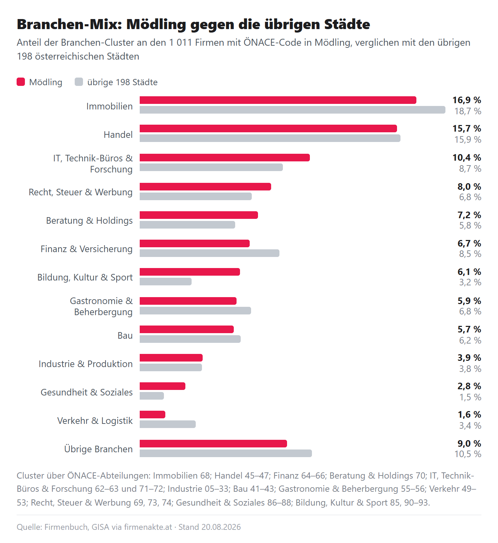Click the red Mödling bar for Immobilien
click(x=278, y=100)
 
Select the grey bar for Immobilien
click(x=292, y=110)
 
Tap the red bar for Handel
click(x=268, y=128)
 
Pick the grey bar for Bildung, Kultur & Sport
click(x=165, y=282)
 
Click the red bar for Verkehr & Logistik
click(x=152, y=415)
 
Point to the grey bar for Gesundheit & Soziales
click(x=151, y=396)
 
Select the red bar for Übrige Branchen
click(x=213, y=444)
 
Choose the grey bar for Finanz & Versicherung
click(x=209, y=253)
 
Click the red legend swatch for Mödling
click(x=21, y=82)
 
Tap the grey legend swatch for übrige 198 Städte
click(x=79, y=82)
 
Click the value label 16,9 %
click(x=467, y=100)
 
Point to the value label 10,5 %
click(x=468, y=454)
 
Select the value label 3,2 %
click(x=470, y=282)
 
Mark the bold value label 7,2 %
click(x=469, y=215)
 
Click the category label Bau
click(x=125, y=336)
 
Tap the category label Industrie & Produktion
click(x=86, y=364)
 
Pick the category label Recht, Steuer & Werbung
click(x=81, y=192)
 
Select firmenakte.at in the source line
click(x=148, y=527)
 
